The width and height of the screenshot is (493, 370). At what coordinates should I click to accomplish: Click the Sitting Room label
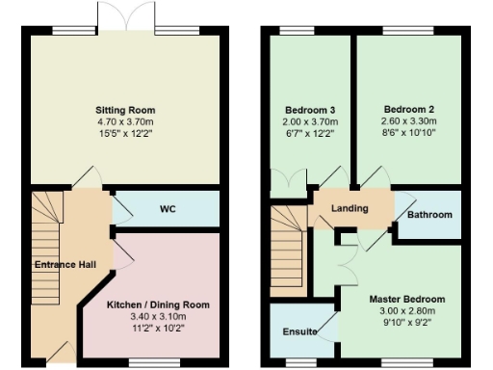coord(125,110)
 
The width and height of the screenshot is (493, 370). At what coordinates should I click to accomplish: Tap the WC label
coord(167,208)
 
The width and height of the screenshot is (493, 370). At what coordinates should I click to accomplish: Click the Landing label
coord(350,209)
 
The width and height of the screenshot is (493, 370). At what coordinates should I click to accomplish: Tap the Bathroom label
coord(429,215)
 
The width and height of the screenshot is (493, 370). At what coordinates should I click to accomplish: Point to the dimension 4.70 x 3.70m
coord(125,122)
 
